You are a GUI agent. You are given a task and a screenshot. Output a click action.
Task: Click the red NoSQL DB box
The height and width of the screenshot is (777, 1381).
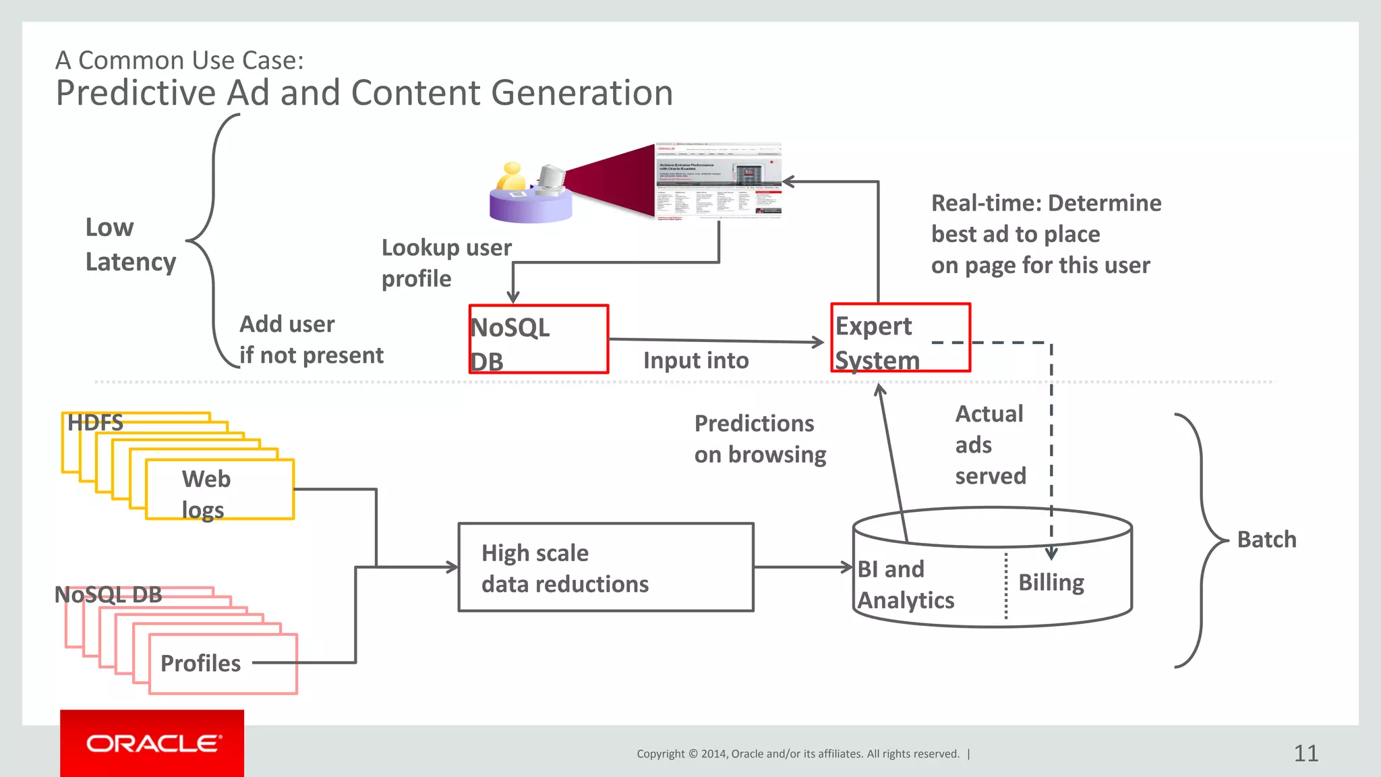pos(538,339)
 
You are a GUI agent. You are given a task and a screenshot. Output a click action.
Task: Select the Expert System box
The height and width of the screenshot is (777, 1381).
pos(900,337)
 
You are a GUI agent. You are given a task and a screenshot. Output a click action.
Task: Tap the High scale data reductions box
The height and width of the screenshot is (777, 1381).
pos(606,567)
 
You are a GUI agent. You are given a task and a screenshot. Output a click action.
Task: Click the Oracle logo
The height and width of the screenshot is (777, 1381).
pos(152,743)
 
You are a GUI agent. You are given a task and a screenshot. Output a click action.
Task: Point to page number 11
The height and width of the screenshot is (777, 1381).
pos(1305,753)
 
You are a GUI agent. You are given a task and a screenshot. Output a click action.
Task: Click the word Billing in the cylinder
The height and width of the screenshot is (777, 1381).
pos(1051,582)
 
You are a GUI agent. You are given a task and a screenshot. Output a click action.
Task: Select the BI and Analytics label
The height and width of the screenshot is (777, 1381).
pos(905,584)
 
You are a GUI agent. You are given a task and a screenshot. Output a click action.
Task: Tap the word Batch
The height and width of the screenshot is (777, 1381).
pos(1266,540)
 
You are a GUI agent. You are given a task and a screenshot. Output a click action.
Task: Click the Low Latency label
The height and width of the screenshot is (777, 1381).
pos(129,244)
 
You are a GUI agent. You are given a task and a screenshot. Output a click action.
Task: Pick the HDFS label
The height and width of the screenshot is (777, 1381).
pos(95,423)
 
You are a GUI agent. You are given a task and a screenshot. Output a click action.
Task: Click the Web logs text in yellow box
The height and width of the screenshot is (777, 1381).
pos(206,494)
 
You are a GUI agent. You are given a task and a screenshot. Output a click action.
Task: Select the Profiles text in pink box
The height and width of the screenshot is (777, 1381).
pos(200,663)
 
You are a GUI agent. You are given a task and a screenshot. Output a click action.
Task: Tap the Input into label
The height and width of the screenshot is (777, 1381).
pos(695,360)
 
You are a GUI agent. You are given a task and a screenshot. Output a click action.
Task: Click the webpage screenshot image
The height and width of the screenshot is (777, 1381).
pos(719,181)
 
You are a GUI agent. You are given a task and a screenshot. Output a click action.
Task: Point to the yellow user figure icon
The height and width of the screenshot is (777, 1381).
pos(511,177)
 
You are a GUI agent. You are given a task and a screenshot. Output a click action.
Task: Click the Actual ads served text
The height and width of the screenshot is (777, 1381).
pos(990,444)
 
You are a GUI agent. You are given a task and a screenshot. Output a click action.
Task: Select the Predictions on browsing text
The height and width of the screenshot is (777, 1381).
pos(759,438)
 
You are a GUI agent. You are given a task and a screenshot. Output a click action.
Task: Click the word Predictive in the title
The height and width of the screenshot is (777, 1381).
pos(135,93)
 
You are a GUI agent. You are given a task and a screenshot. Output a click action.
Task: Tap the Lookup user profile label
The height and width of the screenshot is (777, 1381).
pos(446,262)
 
